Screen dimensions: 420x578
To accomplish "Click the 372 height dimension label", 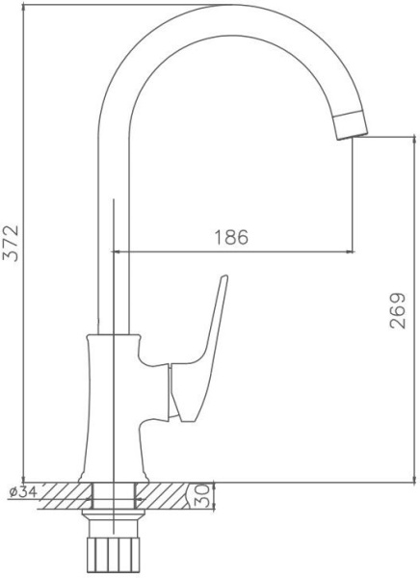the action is (x=11, y=243).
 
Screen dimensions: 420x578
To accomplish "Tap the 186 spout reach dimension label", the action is (x=231, y=237).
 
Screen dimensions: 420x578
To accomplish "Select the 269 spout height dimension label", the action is (x=398, y=310).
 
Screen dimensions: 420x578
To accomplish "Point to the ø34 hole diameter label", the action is (x=23, y=491).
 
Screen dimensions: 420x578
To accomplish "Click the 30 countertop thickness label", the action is (x=201, y=496).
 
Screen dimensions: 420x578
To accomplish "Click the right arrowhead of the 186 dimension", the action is (x=350, y=251).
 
